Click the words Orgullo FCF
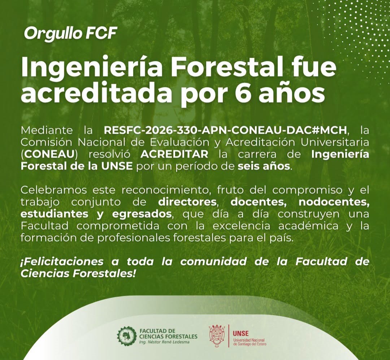70,34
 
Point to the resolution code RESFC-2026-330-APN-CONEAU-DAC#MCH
225,130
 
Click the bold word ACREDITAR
174,154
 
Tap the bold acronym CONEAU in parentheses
49,154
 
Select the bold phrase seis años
264,166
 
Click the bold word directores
187,202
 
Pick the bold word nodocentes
334,202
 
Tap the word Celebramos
54,190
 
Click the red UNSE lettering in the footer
240,334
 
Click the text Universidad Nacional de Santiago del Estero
250,342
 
